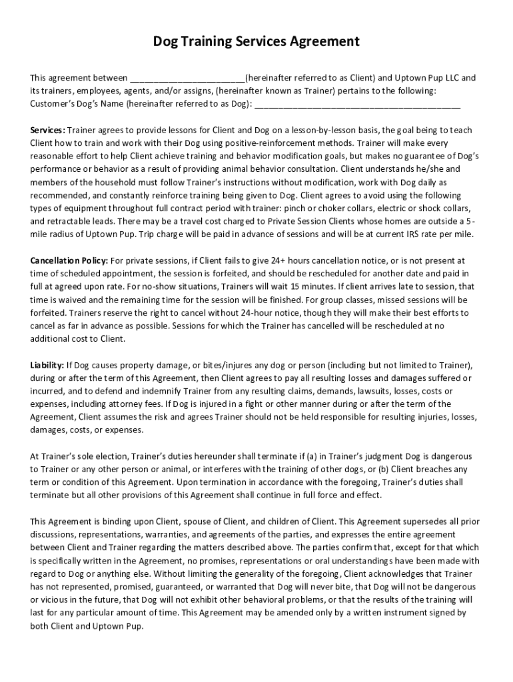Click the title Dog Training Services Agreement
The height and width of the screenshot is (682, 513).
point(256,42)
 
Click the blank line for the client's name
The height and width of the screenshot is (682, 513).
point(187,79)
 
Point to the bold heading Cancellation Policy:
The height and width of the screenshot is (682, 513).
point(69,260)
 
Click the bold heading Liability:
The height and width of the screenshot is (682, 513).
point(47,365)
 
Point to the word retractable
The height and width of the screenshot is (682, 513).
point(72,221)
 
